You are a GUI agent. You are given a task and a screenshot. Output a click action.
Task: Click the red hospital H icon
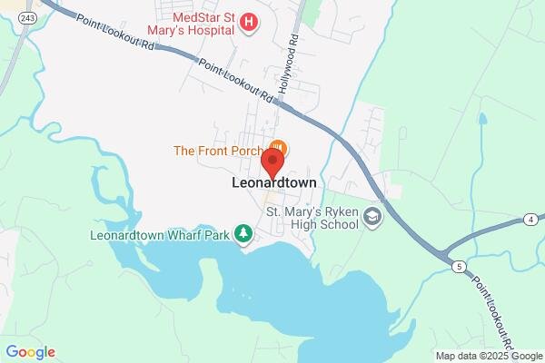tap(249, 21)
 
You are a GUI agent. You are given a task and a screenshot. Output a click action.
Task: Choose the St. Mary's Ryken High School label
tap(311, 219)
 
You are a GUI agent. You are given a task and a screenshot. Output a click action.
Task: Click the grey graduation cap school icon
tap(372, 218)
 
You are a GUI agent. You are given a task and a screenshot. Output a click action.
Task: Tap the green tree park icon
tap(243, 234)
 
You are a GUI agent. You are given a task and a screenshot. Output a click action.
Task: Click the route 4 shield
tap(529, 220)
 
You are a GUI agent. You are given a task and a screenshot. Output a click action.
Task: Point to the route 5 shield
tap(461, 265)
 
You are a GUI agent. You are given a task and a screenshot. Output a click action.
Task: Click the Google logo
tap(31, 352)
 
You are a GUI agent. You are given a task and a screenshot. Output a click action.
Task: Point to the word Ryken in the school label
tap(341, 211)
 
